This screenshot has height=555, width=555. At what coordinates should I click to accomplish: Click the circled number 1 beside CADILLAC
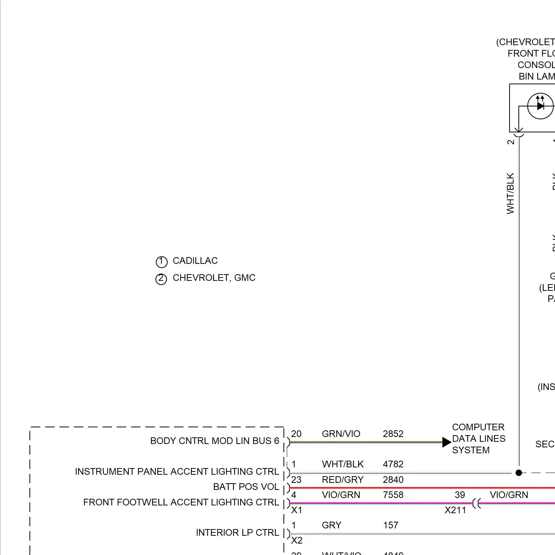pyautogui.click(x=161, y=262)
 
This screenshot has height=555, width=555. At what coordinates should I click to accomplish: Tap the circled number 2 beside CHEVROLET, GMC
pyautogui.click(x=161, y=279)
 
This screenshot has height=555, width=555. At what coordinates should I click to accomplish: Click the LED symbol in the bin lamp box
pyautogui.click(x=540, y=106)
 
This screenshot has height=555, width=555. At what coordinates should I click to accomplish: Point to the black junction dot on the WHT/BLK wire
pyautogui.click(x=519, y=472)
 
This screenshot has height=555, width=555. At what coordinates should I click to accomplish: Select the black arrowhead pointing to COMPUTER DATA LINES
pyautogui.click(x=447, y=442)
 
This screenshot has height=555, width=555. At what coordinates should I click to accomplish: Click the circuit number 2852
pyautogui.click(x=393, y=434)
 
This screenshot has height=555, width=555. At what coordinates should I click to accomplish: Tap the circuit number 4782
pyautogui.click(x=393, y=464)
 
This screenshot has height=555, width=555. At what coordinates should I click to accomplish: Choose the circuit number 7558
pyautogui.click(x=393, y=495)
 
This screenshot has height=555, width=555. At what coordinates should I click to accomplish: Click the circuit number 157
pyautogui.click(x=390, y=525)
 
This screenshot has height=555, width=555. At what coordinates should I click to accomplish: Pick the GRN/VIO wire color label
pyautogui.click(x=341, y=434)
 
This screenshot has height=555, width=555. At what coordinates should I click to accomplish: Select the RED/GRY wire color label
pyautogui.click(x=343, y=480)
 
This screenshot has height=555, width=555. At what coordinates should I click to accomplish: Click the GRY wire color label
pyautogui.click(x=332, y=525)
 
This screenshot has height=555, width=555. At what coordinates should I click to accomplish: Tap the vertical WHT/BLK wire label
pyautogui.click(x=511, y=193)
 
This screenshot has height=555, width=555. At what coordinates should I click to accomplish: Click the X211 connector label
pyautogui.click(x=455, y=510)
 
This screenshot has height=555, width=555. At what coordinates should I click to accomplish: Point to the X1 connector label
pyautogui.click(x=297, y=510)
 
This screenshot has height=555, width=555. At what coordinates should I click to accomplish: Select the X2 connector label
pyautogui.click(x=297, y=540)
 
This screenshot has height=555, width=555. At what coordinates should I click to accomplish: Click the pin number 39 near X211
pyautogui.click(x=460, y=495)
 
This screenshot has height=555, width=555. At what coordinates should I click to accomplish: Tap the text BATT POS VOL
pyautogui.click(x=246, y=487)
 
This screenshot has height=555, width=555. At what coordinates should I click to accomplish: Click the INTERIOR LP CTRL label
pyautogui.click(x=237, y=532)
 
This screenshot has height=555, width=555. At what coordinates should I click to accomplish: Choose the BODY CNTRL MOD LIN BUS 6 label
pyautogui.click(x=215, y=441)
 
